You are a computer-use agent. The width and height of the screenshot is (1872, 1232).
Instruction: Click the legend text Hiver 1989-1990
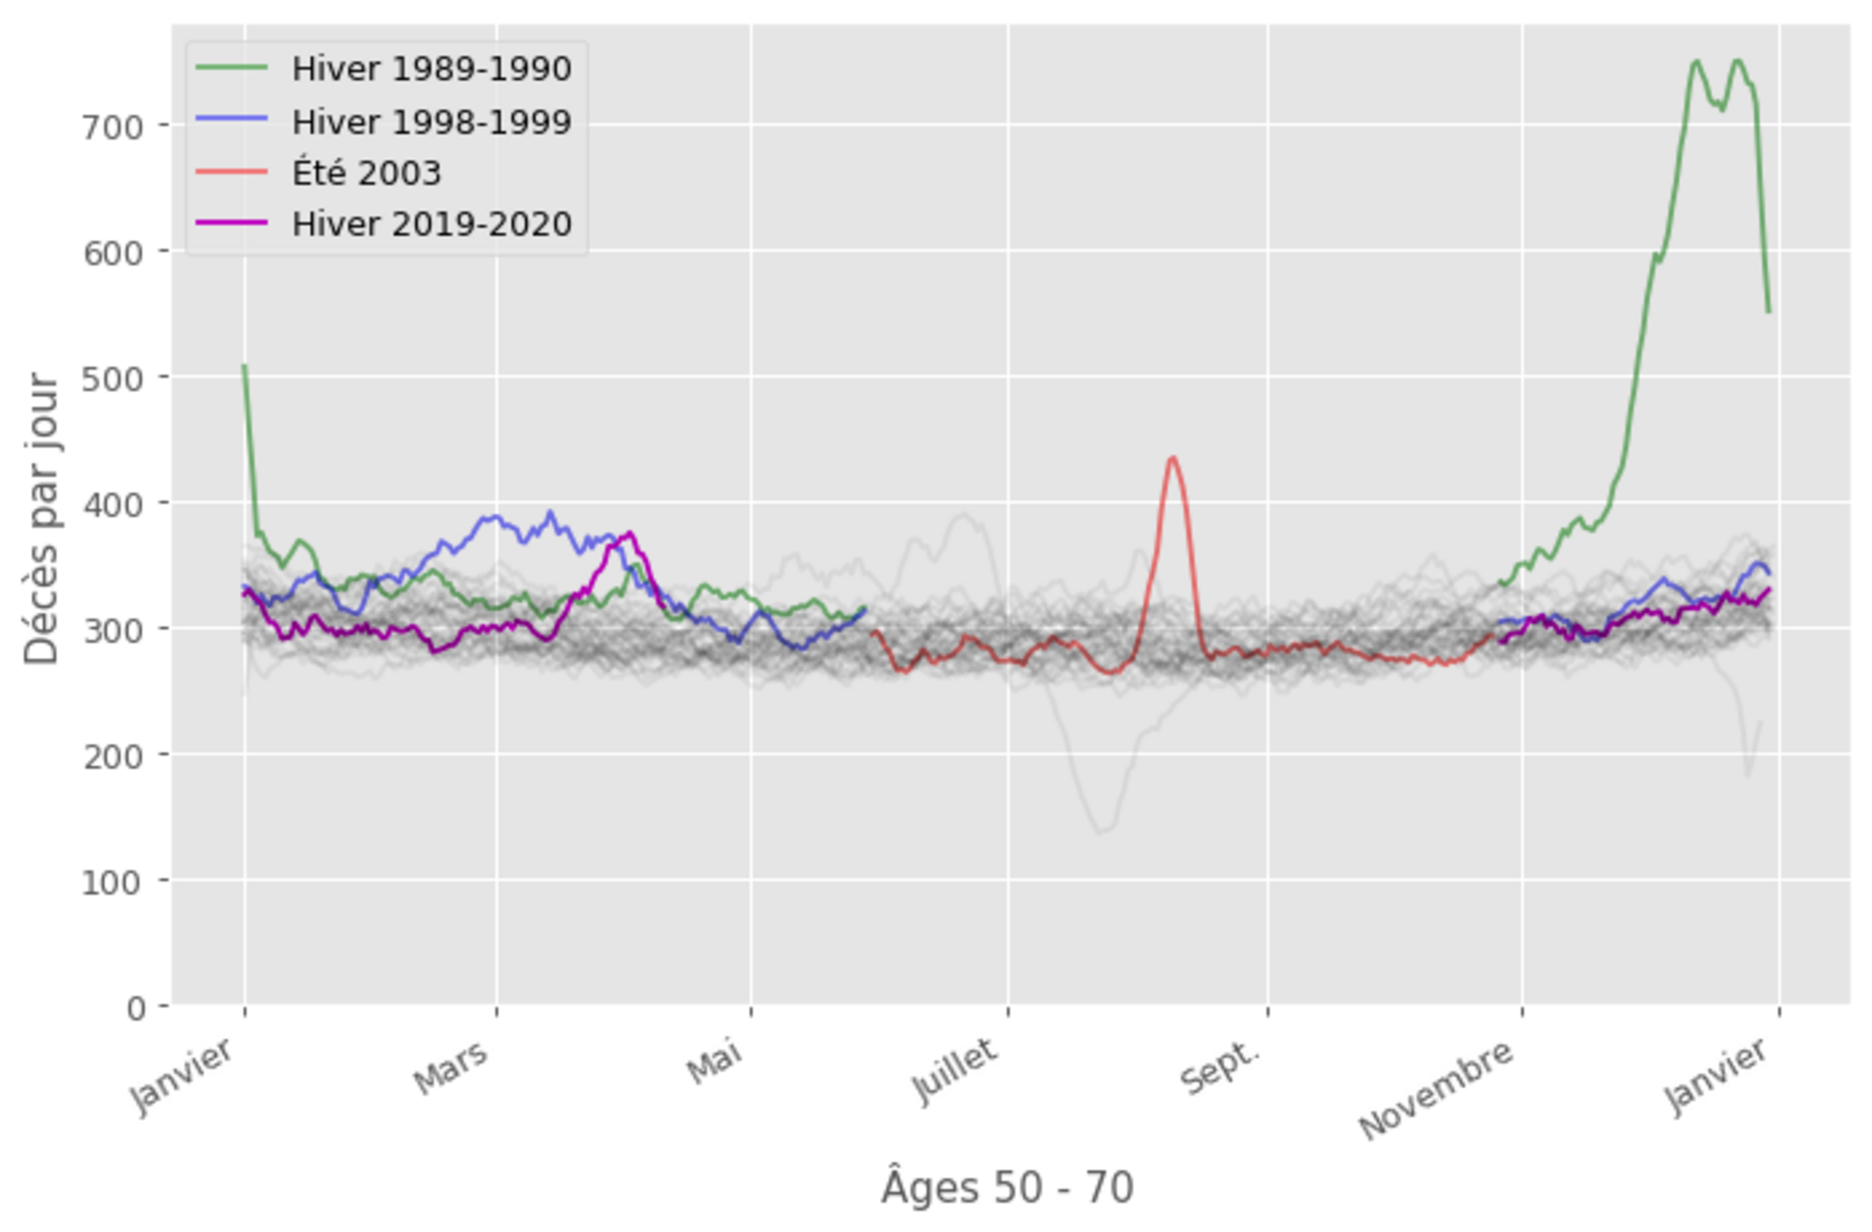[431, 69]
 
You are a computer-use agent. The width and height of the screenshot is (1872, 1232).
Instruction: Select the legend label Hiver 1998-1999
[431, 122]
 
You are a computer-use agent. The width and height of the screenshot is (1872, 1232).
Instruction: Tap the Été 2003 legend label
[367, 174]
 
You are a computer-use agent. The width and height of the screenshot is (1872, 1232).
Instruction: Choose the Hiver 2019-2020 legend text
[431, 225]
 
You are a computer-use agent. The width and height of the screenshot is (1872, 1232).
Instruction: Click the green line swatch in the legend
[231, 67]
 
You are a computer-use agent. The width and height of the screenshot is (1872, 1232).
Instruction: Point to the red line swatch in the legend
[231, 172]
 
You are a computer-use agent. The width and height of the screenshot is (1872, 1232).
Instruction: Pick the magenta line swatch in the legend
[231, 223]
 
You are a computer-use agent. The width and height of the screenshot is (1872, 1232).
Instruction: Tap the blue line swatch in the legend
[231, 120]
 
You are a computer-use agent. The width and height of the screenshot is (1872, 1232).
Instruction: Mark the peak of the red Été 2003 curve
[1173, 458]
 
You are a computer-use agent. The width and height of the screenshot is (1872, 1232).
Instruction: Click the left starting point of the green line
[244, 366]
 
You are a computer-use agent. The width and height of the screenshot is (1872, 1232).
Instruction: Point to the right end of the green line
[1769, 311]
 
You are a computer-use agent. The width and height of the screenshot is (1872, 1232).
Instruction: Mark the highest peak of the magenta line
[630, 533]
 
